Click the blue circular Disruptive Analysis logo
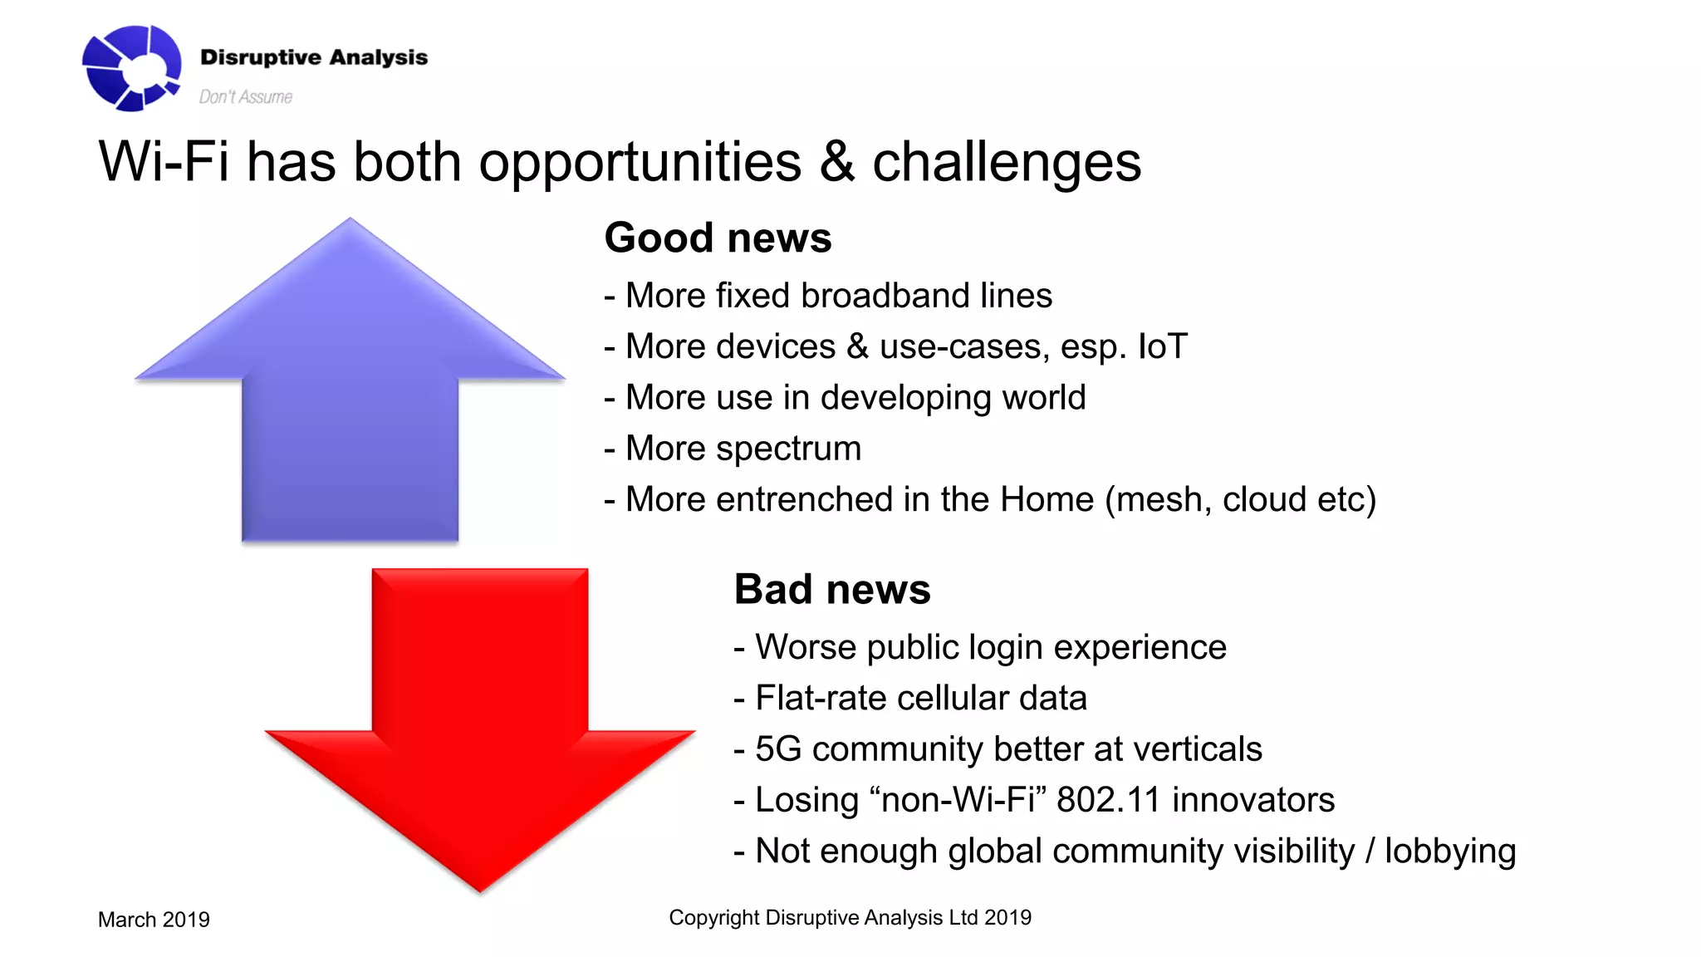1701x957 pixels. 131,68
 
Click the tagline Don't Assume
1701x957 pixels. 245,97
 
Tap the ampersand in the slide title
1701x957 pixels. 836,161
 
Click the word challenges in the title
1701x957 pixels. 1007,163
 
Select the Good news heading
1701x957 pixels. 718,238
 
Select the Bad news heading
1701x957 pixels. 832,590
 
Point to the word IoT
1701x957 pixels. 1162,346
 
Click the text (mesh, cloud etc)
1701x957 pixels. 1240,500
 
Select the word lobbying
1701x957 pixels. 1449,852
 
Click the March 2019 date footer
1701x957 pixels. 154,920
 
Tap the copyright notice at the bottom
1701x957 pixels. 850,918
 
